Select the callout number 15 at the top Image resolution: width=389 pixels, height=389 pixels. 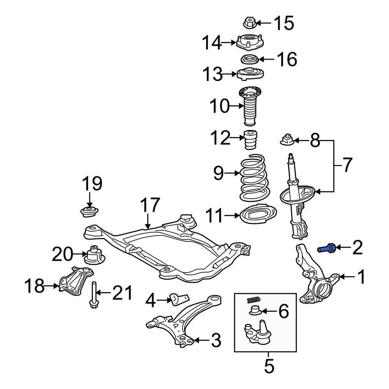[284, 23]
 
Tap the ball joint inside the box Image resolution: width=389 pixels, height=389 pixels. [257, 333]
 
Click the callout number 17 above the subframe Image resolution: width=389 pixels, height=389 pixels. [150, 205]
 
